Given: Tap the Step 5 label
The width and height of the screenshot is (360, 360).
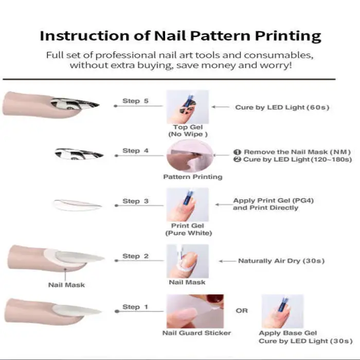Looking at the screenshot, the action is pyautogui.click(x=135, y=101).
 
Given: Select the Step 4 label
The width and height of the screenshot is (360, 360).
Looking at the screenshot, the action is pyautogui.click(x=135, y=151).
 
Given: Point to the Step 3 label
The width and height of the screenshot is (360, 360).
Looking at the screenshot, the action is pyautogui.click(x=135, y=201).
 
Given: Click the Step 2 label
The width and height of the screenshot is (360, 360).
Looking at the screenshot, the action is pyautogui.click(x=135, y=256).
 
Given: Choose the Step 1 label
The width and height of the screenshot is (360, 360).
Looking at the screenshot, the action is pyautogui.click(x=135, y=307).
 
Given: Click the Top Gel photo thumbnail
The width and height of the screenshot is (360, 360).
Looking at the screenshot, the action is pyautogui.click(x=188, y=107).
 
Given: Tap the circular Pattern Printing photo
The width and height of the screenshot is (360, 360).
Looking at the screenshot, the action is pyautogui.click(x=190, y=156).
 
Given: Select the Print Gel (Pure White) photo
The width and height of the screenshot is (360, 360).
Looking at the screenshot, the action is pyautogui.click(x=188, y=205).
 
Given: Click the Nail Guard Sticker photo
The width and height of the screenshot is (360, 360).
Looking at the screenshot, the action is pyautogui.click(x=195, y=311).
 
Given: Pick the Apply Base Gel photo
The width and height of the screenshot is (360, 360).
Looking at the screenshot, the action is pyautogui.click(x=283, y=311).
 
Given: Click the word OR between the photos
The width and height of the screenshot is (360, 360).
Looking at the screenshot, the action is pyautogui.click(x=242, y=311).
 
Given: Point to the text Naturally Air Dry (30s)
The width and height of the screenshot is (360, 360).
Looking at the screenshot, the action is pyautogui.click(x=281, y=261).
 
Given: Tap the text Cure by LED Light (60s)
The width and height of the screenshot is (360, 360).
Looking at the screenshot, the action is pyautogui.click(x=282, y=107).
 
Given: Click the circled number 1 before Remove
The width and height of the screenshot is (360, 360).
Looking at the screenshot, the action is pyautogui.click(x=237, y=152).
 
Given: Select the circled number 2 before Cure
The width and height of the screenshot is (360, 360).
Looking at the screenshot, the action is pyautogui.click(x=237, y=159).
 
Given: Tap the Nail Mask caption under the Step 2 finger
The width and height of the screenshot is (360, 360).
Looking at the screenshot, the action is pyautogui.click(x=66, y=285).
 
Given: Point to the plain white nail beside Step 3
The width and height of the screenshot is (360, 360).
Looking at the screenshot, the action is pyautogui.click(x=77, y=205).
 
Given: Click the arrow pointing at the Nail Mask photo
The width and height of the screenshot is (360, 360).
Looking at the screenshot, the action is pyautogui.click(x=227, y=261).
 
